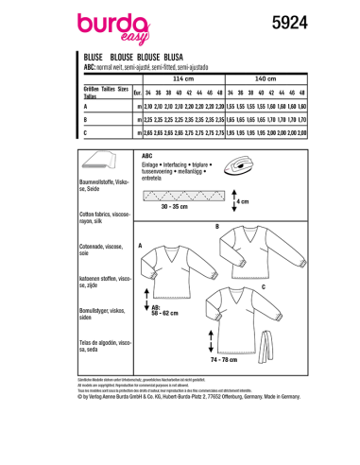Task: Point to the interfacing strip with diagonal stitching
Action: (174, 198)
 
